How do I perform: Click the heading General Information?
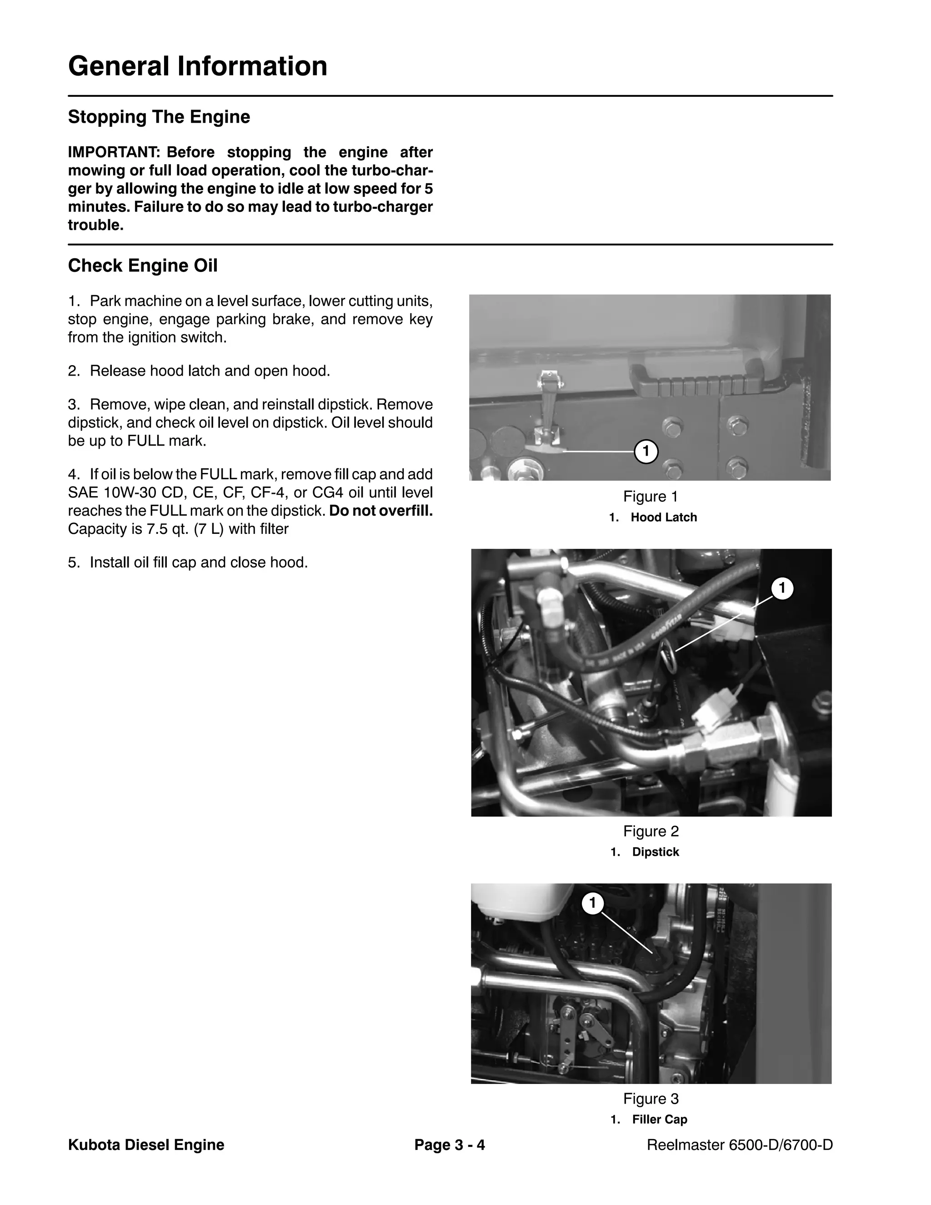tap(197, 66)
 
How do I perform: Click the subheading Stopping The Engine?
tap(159, 117)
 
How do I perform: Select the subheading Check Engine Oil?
tap(142, 266)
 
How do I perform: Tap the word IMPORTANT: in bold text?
tap(114, 152)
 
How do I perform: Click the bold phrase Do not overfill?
tap(380, 511)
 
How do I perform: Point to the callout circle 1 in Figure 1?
tap(646, 452)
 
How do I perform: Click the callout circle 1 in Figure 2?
tap(781, 588)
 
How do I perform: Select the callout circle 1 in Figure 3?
tap(593, 903)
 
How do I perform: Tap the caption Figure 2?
tap(651, 832)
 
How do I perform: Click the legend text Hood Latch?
tap(664, 517)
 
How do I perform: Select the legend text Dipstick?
tap(655, 852)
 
